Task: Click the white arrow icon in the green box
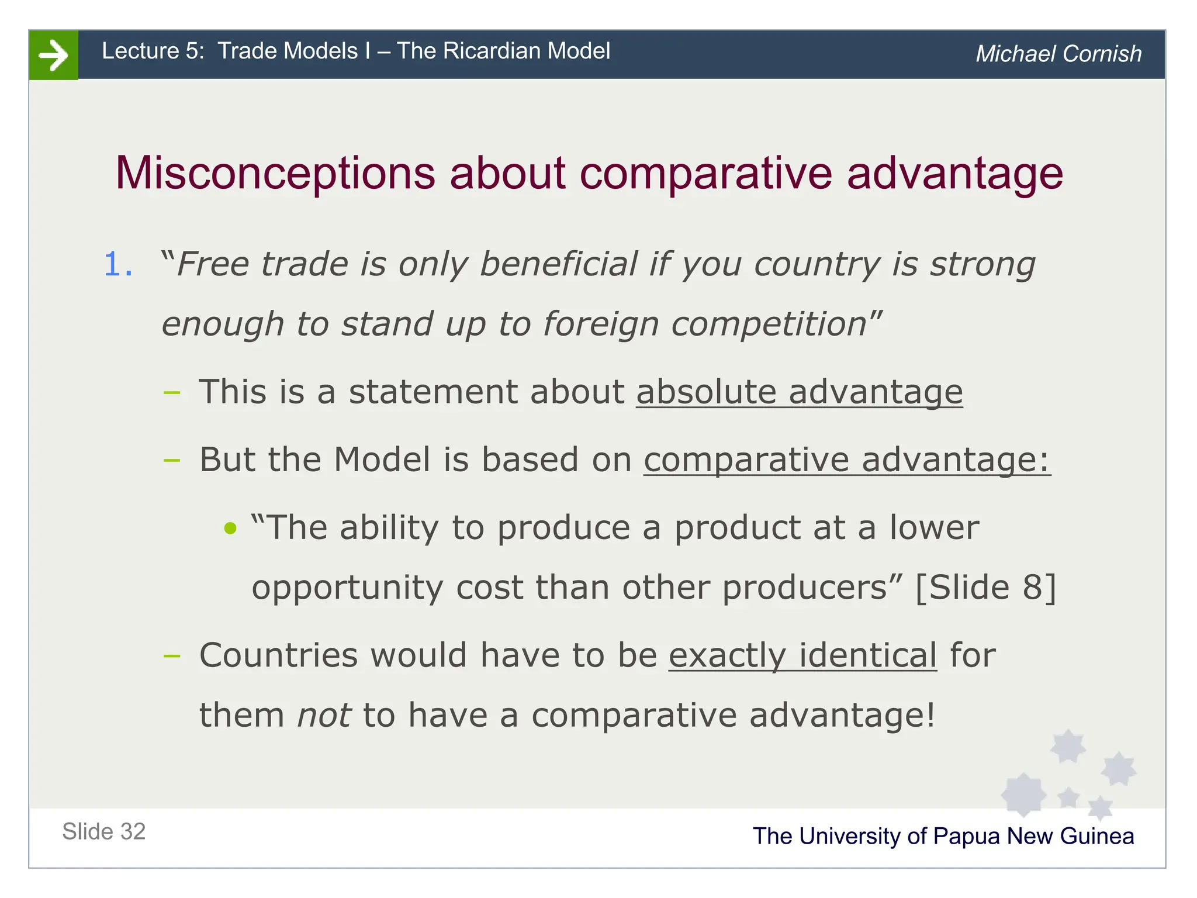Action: coord(53,55)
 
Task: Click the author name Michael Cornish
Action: coord(1058,54)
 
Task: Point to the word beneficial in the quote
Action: coord(558,264)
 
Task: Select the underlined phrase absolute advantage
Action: coord(799,392)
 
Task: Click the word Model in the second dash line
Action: coord(382,460)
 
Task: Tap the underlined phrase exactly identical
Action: coord(802,655)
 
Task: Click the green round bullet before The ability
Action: coord(230,529)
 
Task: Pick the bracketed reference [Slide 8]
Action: coord(985,588)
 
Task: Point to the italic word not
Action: coord(324,716)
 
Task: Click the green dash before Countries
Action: coord(172,656)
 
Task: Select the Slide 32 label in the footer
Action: coord(104,832)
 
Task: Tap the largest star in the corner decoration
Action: coord(1023,795)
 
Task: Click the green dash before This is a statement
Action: coord(172,392)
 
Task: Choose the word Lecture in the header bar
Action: coord(140,51)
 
